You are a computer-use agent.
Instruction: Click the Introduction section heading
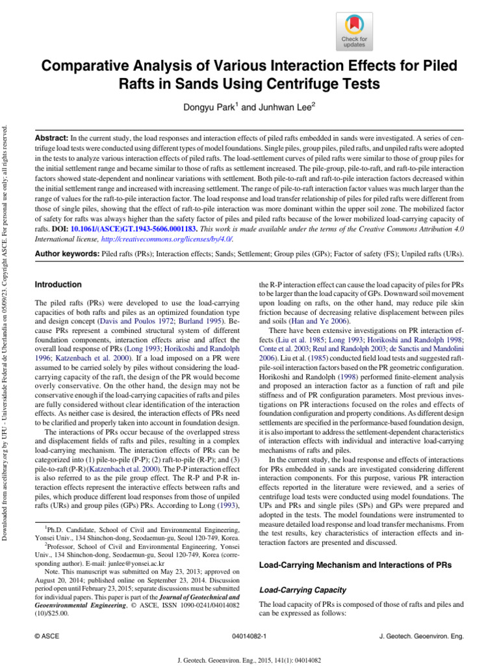tap(58, 285)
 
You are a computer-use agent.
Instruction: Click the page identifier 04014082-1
tap(249, 633)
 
